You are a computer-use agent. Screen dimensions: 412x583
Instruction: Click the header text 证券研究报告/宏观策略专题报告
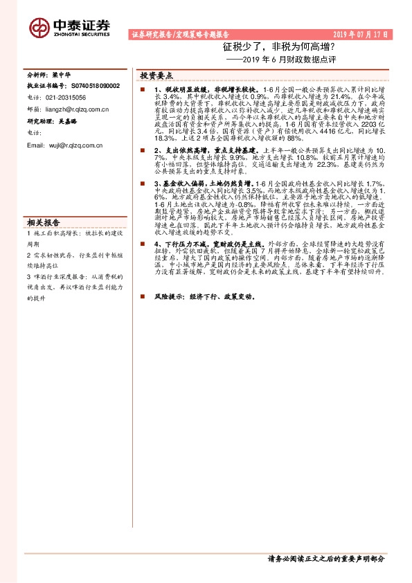click(x=180, y=33)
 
